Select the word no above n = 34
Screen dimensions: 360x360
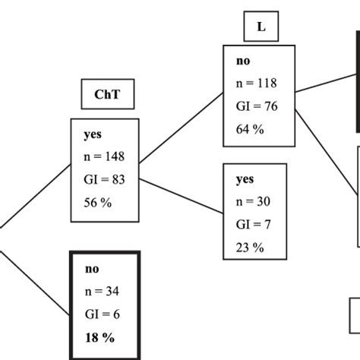(91, 269)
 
